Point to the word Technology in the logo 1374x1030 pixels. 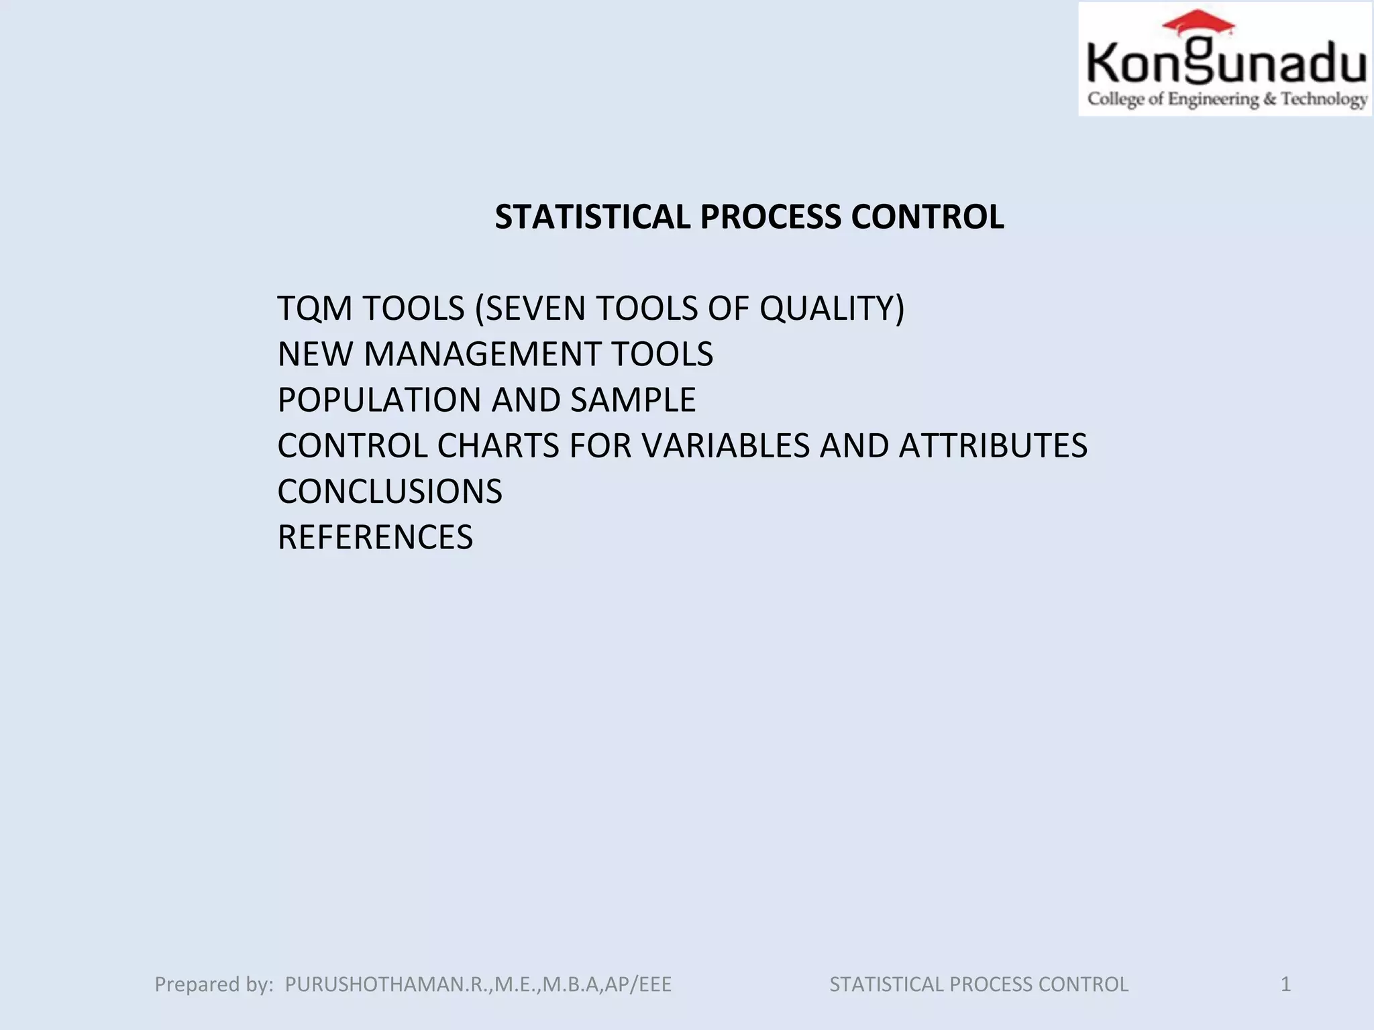pos(1324,99)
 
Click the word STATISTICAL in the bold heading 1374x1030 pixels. pos(592,217)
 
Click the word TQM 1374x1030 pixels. pos(315,308)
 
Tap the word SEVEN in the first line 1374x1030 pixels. pos(535,308)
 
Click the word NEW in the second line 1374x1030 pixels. pos(315,354)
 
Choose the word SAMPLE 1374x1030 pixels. pos(633,400)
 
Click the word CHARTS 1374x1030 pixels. pos(498,446)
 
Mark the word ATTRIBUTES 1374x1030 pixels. pos(993,446)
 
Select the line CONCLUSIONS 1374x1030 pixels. pos(390,492)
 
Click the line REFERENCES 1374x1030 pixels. pos(375,537)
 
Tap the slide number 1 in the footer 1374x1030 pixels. pos(1285,984)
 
